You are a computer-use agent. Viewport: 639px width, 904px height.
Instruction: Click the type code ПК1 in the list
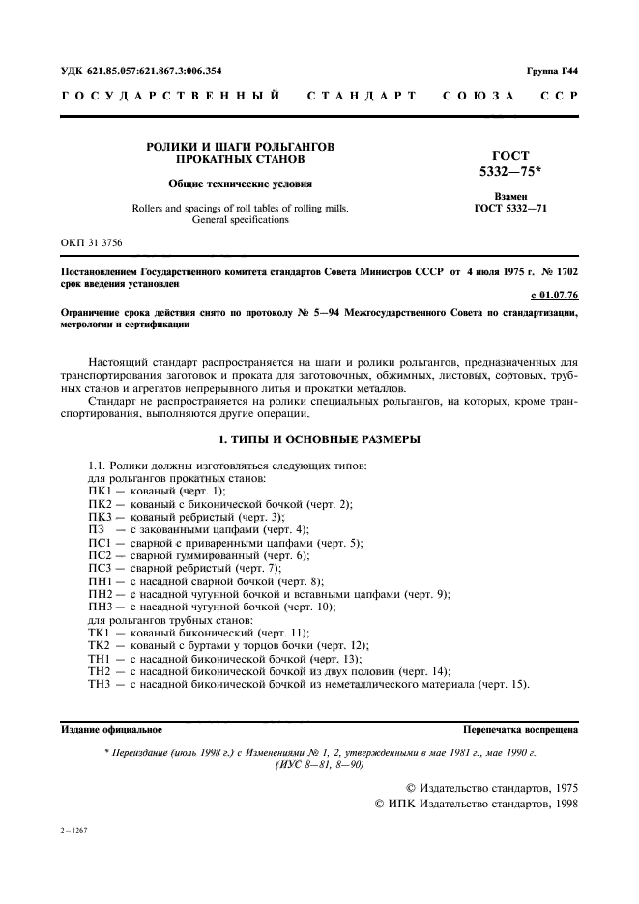pyautogui.click(x=101, y=492)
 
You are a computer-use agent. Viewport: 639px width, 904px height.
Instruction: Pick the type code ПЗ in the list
pyautogui.click(x=96, y=529)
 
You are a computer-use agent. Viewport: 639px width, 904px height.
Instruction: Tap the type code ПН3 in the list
pyautogui.click(x=101, y=606)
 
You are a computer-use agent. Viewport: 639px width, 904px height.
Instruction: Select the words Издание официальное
pyautogui.click(x=111, y=731)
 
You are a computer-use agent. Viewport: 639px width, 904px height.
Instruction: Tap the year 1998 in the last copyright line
pyautogui.click(x=560, y=805)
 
